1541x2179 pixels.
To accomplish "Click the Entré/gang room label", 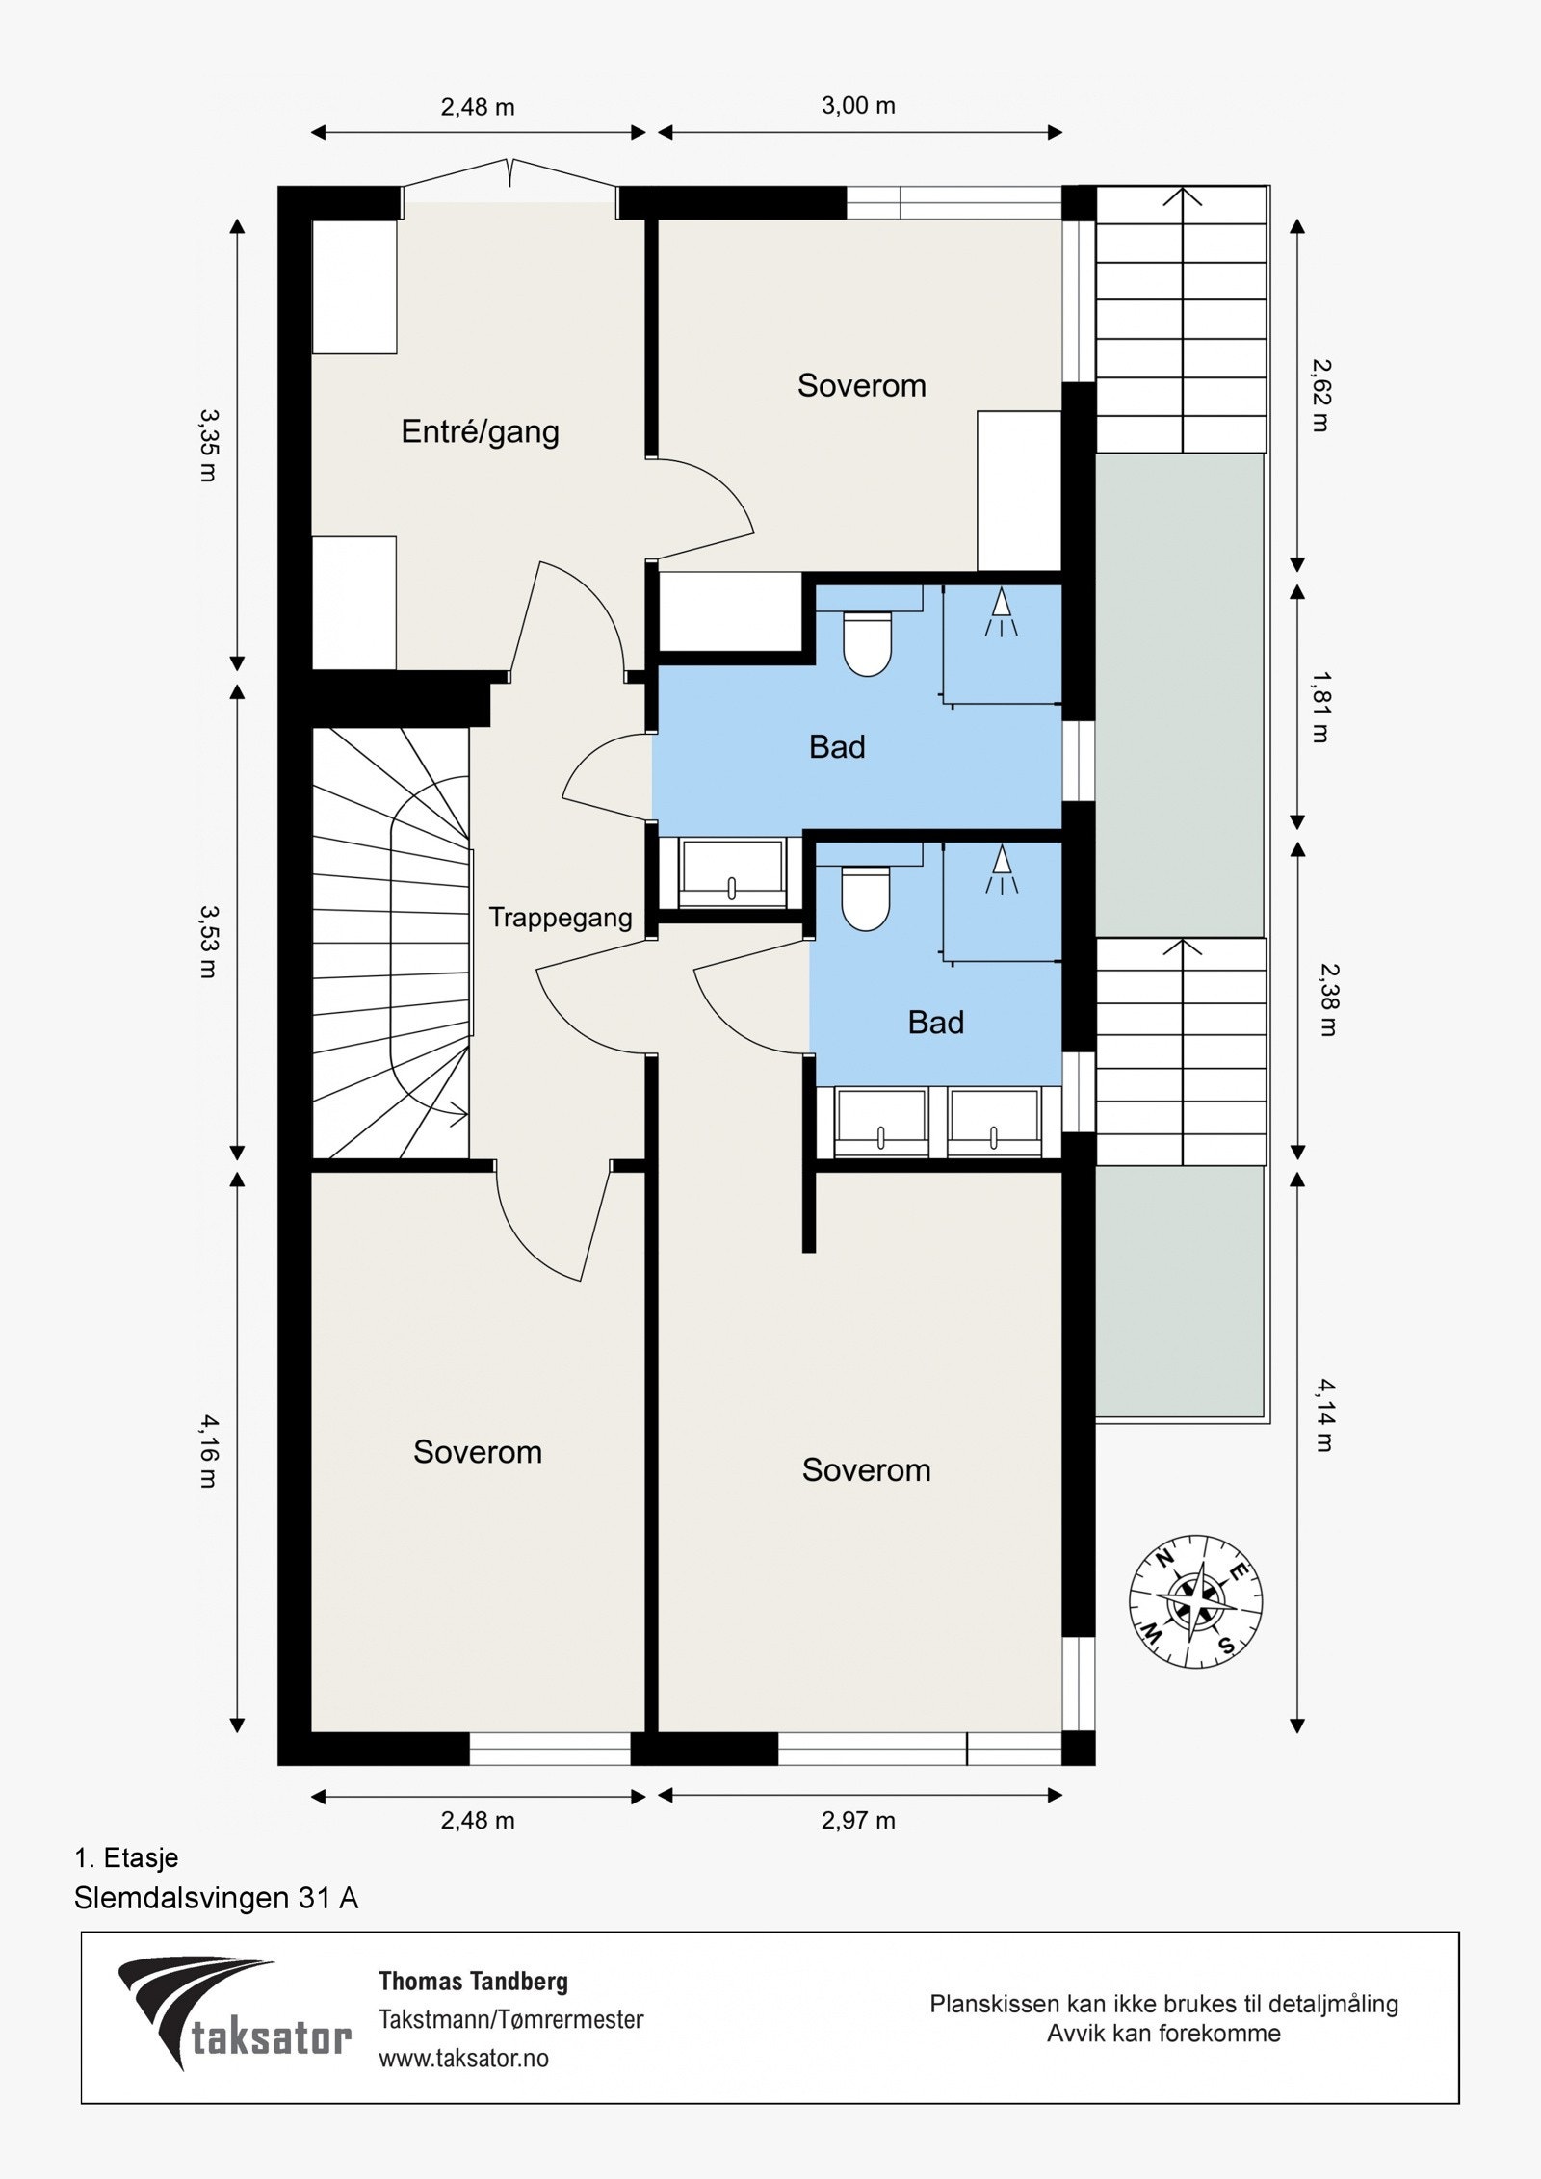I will pyautogui.click(x=480, y=431).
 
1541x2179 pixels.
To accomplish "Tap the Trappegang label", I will pyautogui.click(x=560, y=917).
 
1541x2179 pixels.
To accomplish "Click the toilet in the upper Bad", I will pyautogui.click(x=867, y=642).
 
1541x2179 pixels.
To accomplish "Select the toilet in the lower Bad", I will pyautogui.click(x=866, y=897).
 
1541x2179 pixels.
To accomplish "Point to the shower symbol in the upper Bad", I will pyautogui.click(x=1002, y=611).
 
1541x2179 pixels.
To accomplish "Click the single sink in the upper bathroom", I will pyautogui.click(x=732, y=873).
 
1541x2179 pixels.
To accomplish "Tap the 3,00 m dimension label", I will pyautogui.click(x=858, y=105).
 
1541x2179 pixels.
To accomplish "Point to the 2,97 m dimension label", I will pyautogui.click(x=857, y=1821).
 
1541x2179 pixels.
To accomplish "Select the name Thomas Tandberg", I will pyautogui.click(x=473, y=1982).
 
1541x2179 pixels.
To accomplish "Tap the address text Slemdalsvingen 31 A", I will pyautogui.click(x=216, y=1898).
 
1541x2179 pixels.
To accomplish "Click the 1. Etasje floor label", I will pyautogui.click(x=126, y=1857).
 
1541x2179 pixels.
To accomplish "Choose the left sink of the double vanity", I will pyautogui.click(x=881, y=1122).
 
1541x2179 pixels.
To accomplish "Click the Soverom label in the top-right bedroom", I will pyautogui.click(x=861, y=385).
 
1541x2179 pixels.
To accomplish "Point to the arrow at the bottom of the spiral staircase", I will pyautogui.click(x=458, y=1115).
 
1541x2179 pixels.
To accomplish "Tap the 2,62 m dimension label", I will pyautogui.click(x=1319, y=395).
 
